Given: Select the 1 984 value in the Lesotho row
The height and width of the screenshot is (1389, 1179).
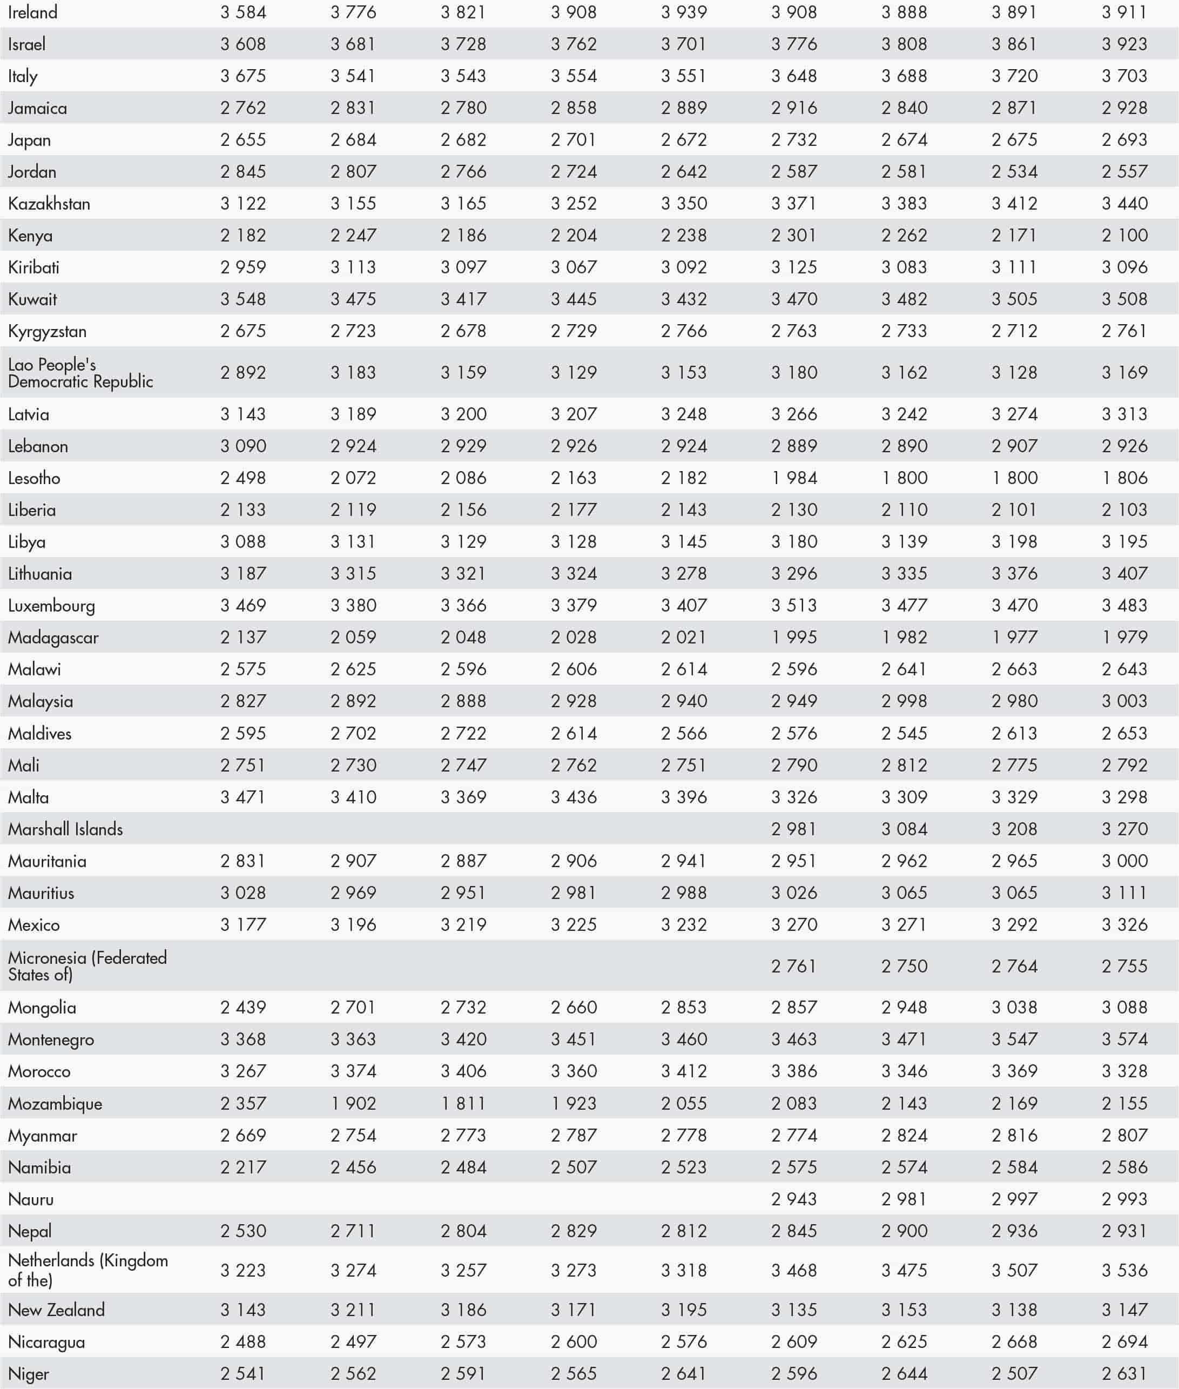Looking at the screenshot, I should coord(794,478).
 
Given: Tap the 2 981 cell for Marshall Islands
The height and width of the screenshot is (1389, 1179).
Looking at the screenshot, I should coord(794,829).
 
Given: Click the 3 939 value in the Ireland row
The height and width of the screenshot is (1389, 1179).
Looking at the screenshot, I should coord(684,12).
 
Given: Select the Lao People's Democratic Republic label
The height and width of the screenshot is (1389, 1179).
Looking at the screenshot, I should coord(80,373).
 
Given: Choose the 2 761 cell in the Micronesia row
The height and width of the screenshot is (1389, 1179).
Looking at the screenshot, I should coord(794,966).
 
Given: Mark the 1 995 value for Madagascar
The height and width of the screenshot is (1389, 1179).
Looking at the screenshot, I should coord(794,637).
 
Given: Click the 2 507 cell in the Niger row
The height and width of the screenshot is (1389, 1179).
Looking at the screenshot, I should coord(1015,1374).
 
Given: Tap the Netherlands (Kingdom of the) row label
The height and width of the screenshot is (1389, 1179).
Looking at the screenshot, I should coord(87,1270).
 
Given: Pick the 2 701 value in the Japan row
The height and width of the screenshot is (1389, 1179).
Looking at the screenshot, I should coord(574,140).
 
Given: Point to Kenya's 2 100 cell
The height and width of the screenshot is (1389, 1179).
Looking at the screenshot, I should coord(1125,236).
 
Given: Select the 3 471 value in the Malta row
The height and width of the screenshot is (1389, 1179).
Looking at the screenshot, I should coord(243,797).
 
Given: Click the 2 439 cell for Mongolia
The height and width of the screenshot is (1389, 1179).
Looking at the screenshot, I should coord(243,1008).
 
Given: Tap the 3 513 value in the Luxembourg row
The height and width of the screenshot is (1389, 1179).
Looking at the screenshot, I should coord(794,606).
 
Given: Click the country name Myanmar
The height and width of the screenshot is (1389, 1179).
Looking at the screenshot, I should coord(42,1136).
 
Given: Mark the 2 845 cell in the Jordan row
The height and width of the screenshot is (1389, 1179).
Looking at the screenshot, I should coord(243,172).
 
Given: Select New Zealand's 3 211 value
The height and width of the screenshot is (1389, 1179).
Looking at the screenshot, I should coord(354,1310).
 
